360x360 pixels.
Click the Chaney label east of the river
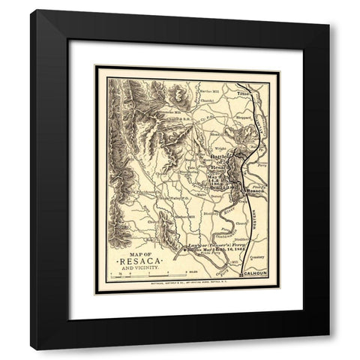coord(241,223)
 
